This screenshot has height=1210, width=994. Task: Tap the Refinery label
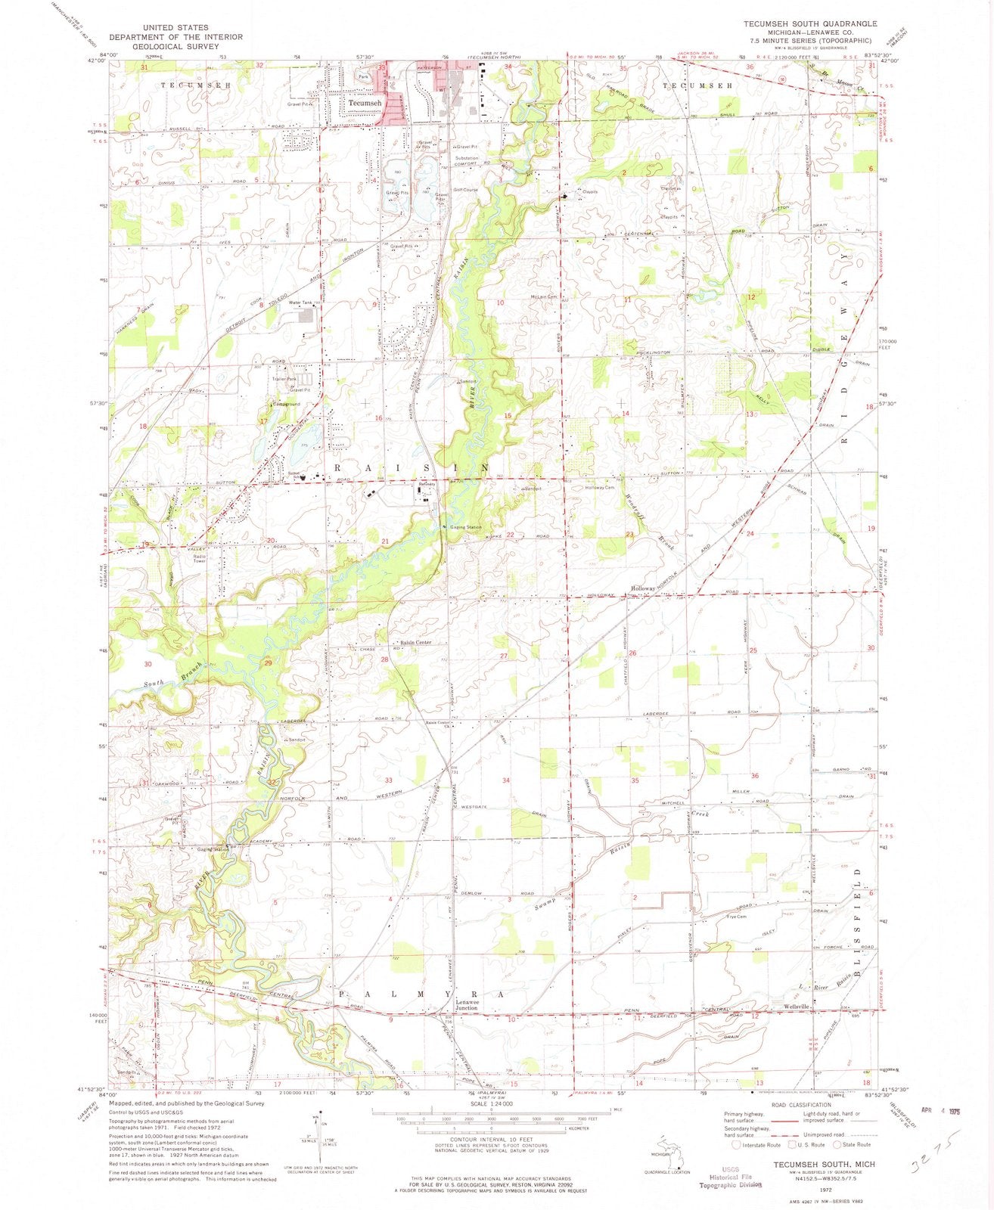pos(427,484)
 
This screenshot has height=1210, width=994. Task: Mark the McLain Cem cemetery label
pos(543,296)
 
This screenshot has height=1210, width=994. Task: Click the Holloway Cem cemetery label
pos(600,488)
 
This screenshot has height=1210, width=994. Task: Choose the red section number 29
pos(267,662)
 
